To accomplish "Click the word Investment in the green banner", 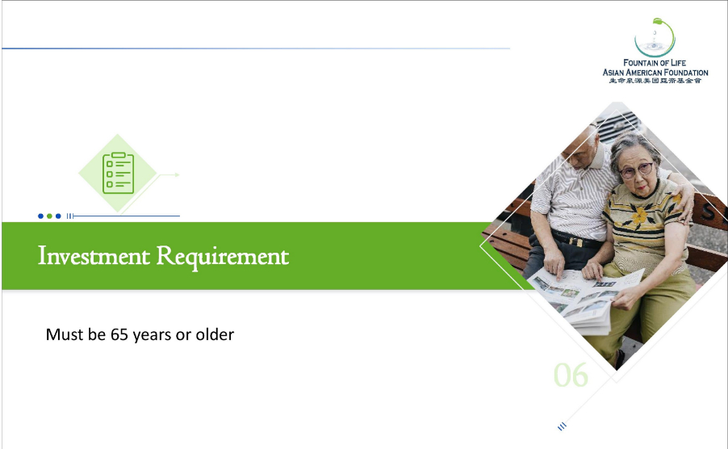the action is [x=94, y=255].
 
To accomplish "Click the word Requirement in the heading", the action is [x=223, y=257].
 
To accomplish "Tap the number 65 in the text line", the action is [x=119, y=334].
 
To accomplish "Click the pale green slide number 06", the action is [x=571, y=375].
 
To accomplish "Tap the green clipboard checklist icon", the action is [x=119, y=173].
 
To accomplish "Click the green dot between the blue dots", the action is [x=49, y=216].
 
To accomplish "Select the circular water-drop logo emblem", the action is [x=655, y=38].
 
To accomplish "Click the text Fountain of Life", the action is [x=655, y=63].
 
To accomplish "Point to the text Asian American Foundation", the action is [x=655, y=73].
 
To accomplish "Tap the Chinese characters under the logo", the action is [x=655, y=80].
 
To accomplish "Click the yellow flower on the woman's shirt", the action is [x=640, y=216].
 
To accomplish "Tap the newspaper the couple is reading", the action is [x=585, y=297].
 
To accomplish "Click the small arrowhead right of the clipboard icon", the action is [x=177, y=175].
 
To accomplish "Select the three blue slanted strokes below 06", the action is [x=562, y=426].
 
